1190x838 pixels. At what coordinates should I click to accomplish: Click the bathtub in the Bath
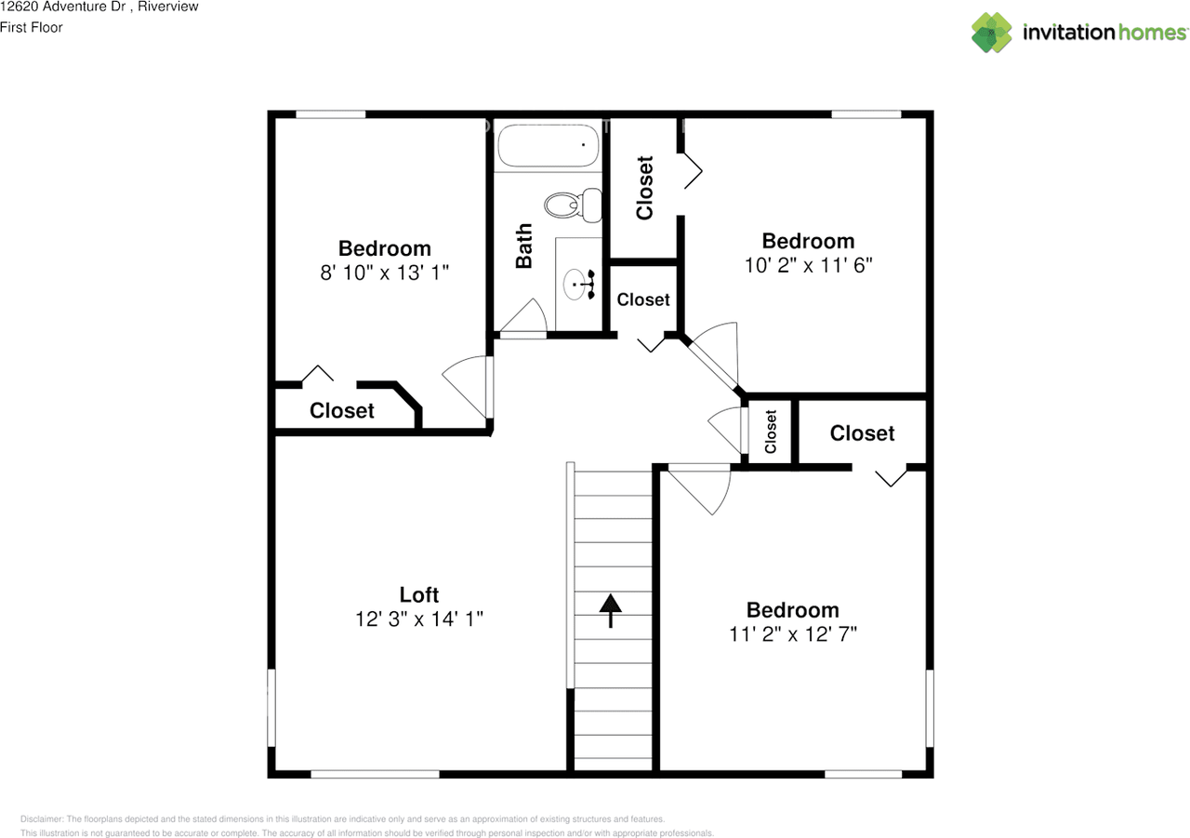click(548, 147)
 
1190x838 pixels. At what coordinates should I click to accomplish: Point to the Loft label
click(418, 594)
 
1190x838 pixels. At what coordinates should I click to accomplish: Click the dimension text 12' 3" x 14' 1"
click(418, 619)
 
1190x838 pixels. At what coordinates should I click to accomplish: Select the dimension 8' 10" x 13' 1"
click(384, 273)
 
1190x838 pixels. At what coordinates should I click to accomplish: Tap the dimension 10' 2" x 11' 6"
click(808, 265)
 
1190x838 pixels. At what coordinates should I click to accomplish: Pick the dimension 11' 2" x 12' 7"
click(793, 634)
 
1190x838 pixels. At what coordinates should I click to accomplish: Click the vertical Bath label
click(524, 246)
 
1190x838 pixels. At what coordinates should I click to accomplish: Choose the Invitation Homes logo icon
click(991, 33)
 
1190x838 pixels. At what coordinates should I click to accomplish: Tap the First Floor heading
click(32, 27)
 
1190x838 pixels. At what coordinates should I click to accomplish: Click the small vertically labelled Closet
click(771, 432)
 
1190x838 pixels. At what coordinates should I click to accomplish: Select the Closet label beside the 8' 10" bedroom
click(342, 410)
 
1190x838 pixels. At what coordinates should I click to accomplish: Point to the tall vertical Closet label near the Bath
click(644, 187)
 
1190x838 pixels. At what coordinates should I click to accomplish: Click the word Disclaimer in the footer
click(42, 818)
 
